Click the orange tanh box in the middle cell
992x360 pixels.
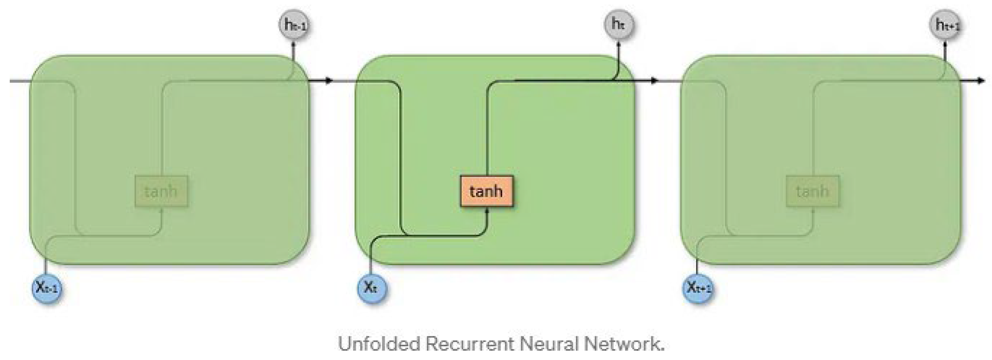point(486,191)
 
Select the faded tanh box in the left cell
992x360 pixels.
point(161,191)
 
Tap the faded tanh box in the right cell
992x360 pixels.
point(812,191)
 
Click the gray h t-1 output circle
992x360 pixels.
point(294,25)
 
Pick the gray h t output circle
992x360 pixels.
point(619,24)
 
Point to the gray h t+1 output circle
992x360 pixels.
point(945,25)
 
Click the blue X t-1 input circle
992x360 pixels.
point(47,288)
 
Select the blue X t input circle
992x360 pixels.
point(372,288)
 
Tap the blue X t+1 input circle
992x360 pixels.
point(697,288)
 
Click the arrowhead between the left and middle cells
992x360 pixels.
point(329,80)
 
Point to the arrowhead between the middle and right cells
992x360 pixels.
point(654,80)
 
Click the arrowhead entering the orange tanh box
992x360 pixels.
point(487,212)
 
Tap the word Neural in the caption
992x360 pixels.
point(548,344)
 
